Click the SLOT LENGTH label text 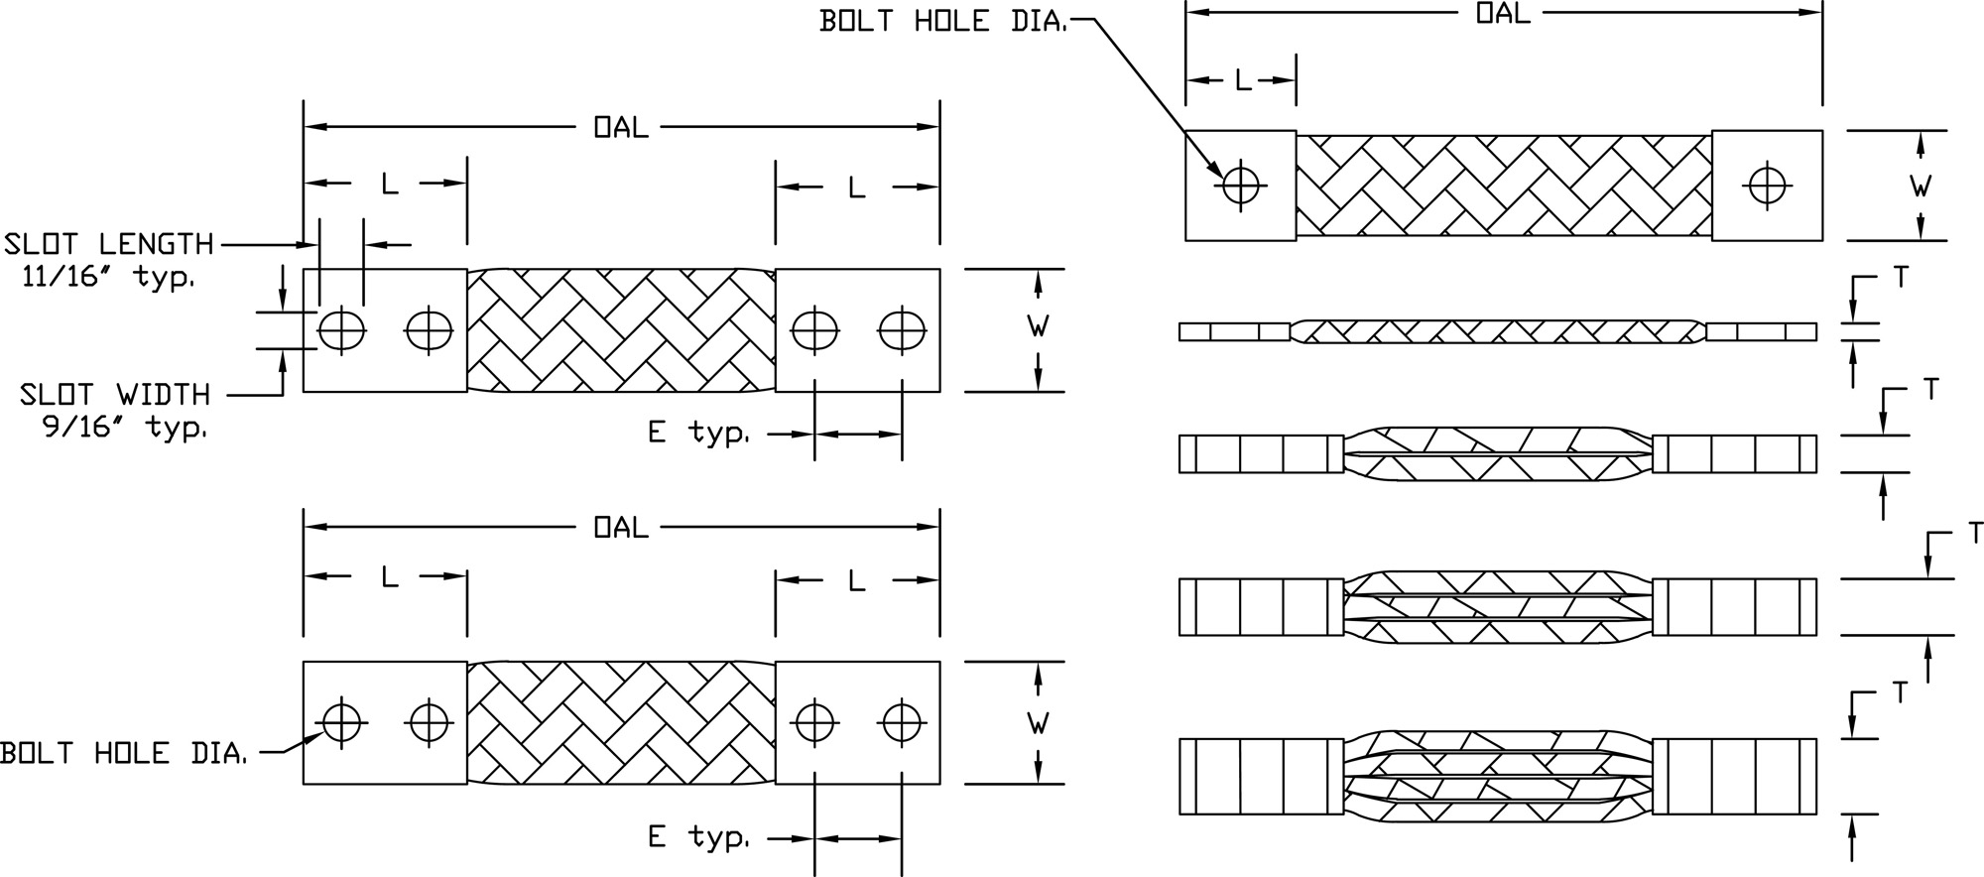[x=109, y=244]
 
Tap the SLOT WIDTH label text [x=115, y=395]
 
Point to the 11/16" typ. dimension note [x=108, y=277]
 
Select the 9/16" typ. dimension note [x=125, y=428]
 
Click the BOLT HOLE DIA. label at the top [x=942, y=21]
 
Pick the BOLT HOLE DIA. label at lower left [x=123, y=754]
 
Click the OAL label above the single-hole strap [x=1502, y=13]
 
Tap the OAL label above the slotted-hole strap [x=620, y=127]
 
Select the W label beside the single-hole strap [x=1921, y=186]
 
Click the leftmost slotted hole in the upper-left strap [x=341, y=330]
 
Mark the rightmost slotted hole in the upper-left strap [x=901, y=330]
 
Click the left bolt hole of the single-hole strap [x=1240, y=185]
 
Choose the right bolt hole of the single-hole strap [x=1767, y=185]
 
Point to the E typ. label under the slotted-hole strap [x=698, y=434]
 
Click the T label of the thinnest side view [x=1900, y=278]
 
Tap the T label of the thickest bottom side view [x=1900, y=692]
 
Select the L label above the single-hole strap [x=1242, y=81]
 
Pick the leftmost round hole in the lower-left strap [x=341, y=722]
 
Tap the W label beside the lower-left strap [x=1038, y=723]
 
